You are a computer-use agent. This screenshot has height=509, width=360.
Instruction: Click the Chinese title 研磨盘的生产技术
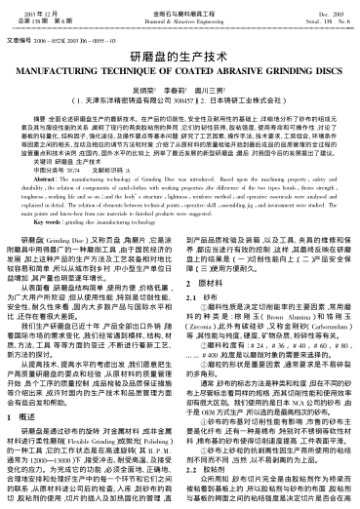coord(180,59)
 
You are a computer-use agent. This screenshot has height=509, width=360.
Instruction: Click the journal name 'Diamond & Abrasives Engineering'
coord(179,18)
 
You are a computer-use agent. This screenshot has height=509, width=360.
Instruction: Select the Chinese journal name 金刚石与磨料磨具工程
coord(179,8)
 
